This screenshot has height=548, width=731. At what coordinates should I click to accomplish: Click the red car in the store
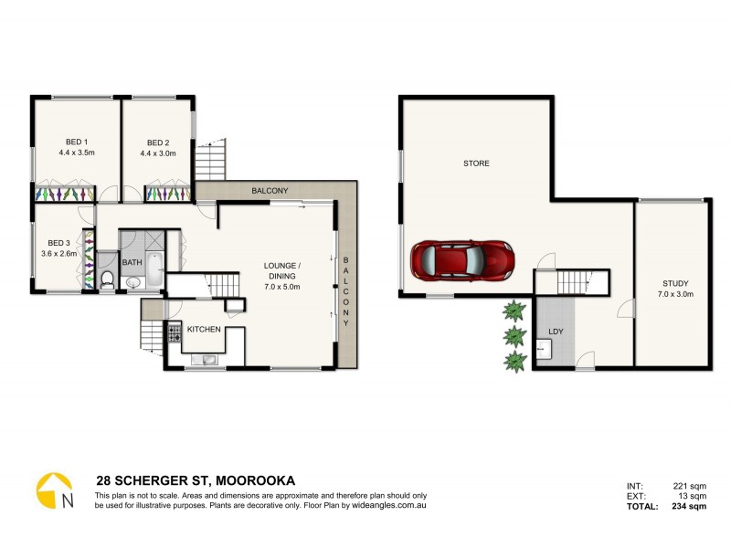click(461, 260)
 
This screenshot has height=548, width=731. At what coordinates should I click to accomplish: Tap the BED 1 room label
click(77, 142)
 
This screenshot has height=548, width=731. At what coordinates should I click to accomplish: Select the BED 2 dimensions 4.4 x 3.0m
click(158, 153)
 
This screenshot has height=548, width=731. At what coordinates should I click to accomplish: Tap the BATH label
click(132, 263)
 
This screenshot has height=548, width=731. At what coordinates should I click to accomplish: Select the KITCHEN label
click(205, 329)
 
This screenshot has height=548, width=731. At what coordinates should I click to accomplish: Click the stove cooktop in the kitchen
click(172, 332)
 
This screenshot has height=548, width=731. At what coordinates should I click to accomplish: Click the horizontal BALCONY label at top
click(270, 190)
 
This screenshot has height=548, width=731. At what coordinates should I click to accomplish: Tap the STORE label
click(476, 163)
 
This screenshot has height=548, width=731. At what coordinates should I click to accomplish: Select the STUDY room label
click(673, 283)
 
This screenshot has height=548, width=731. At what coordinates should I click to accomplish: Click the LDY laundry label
click(555, 332)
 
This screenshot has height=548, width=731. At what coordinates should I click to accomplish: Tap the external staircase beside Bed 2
click(212, 162)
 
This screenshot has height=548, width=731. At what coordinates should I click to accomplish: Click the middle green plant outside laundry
click(515, 334)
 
